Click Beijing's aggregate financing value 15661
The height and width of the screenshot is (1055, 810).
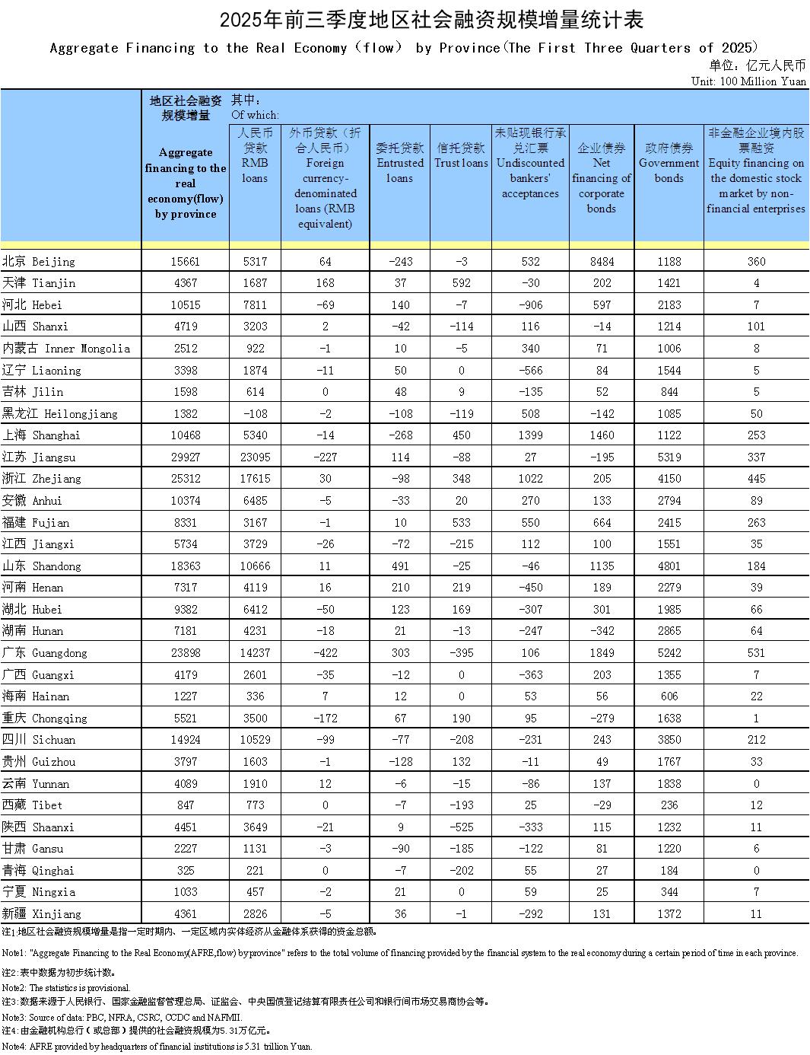click(x=185, y=261)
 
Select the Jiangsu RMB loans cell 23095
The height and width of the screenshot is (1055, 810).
click(x=255, y=457)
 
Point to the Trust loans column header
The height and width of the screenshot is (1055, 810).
click(x=461, y=155)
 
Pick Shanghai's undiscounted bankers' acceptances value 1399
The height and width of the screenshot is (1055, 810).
click(x=530, y=435)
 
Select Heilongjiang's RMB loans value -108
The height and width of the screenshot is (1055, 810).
click(x=255, y=413)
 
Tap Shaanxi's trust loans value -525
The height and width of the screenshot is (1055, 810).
click(x=461, y=827)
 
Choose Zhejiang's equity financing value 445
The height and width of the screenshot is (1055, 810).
click(x=756, y=479)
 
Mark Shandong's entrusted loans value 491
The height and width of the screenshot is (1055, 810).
click(x=400, y=566)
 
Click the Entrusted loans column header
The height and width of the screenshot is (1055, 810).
click(x=400, y=163)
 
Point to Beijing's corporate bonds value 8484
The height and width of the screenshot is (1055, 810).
click(x=601, y=261)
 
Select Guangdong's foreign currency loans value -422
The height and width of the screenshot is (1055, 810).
click(x=325, y=653)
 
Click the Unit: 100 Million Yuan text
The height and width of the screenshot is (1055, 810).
click(x=748, y=81)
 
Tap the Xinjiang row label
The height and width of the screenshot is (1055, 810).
click(x=41, y=913)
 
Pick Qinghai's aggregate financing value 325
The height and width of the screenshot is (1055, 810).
click(x=185, y=870)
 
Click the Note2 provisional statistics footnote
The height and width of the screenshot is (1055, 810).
click(x=66, y=987)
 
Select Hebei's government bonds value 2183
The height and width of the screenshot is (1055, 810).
click(x=669, y=304)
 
